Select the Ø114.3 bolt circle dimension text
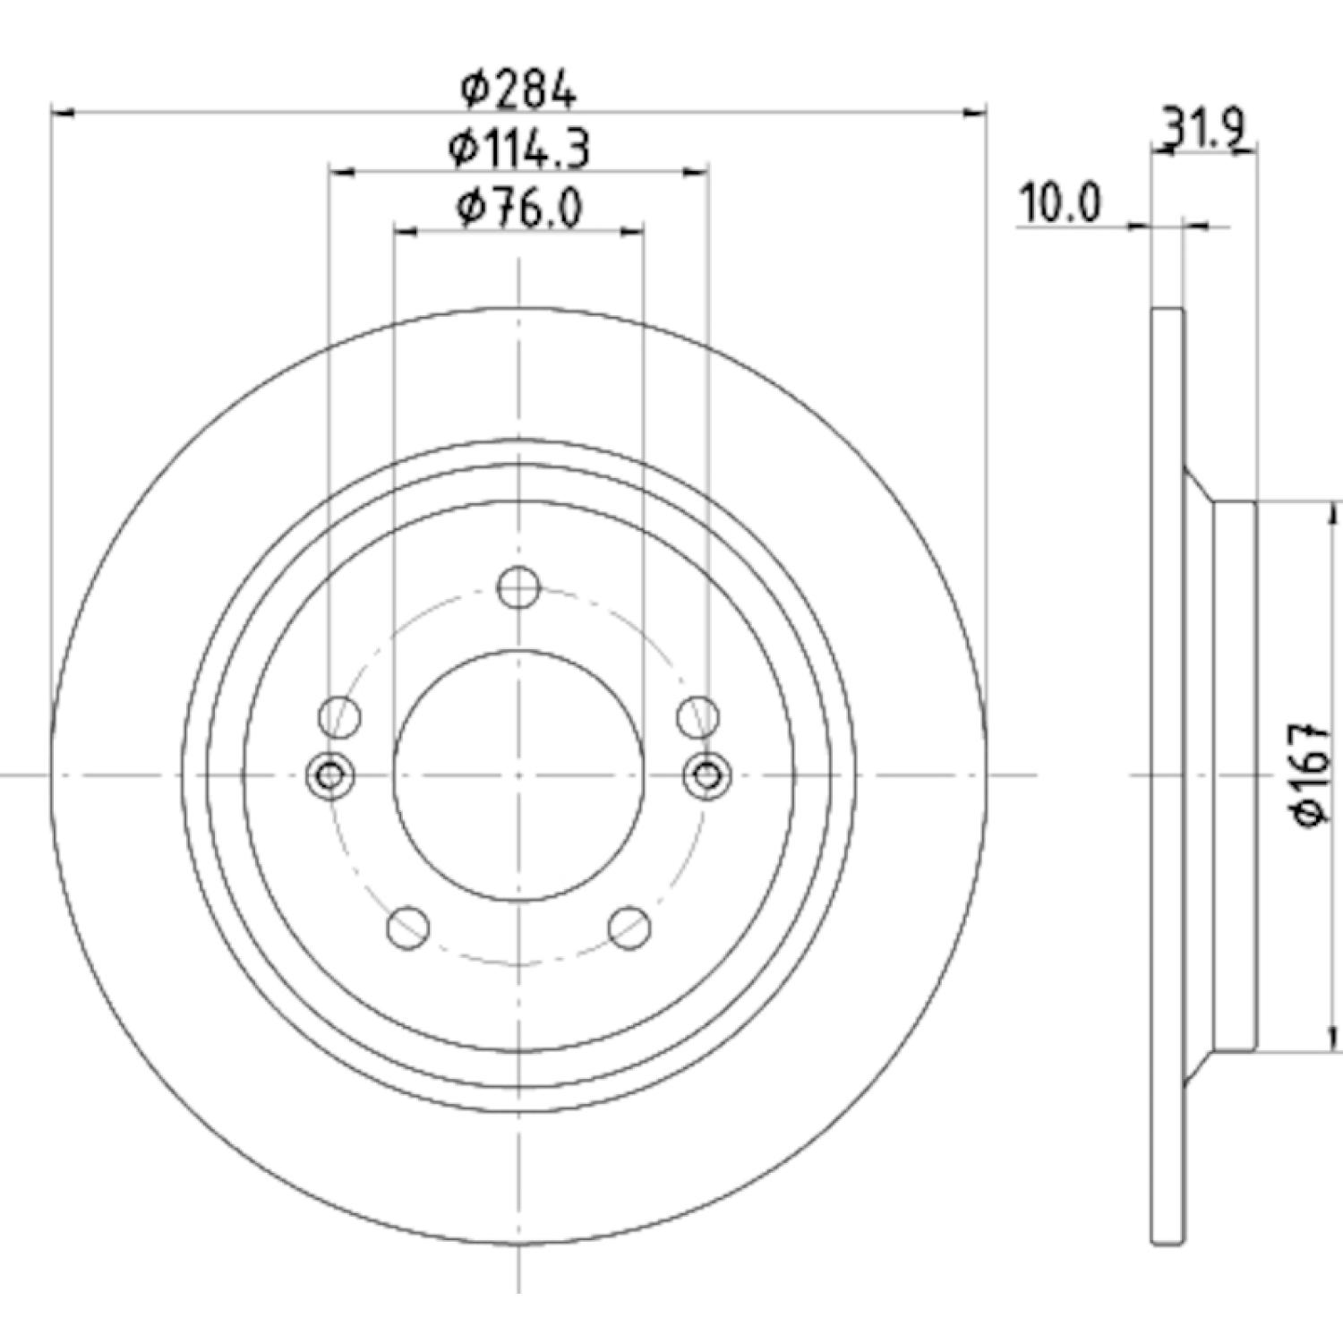point(518,150)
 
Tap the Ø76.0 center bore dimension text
point(519,209)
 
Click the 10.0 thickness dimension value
point(1060,204)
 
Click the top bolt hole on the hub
point(518,587)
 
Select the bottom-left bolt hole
point(408,928)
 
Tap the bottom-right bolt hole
point(629,928)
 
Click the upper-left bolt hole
point(340,717)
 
